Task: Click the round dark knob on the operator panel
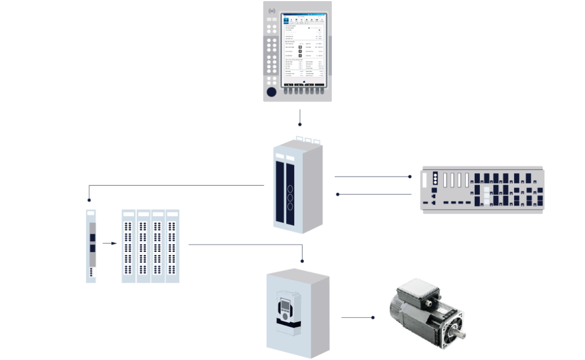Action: pos(272,91)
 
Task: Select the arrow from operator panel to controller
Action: pos(299,117)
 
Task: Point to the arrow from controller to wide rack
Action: pos(371,177)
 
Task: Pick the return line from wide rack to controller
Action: pos(374,194)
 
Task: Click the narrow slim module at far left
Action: pos(91,246)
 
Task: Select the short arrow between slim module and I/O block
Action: pos(109,244)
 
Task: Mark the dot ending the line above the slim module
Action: pos(89,201)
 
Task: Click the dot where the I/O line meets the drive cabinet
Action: pos(302,259)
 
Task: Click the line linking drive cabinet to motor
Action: pos(356,317)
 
